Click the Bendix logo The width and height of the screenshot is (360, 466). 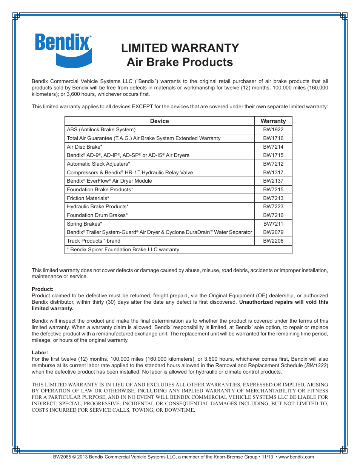(63, 50)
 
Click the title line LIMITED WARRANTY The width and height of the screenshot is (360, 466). (180, 48)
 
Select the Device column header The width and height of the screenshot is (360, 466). (159, 121)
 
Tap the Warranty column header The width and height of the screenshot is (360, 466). (273, 121)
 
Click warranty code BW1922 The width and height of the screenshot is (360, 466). (273, 129)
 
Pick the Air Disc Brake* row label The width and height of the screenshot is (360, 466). (85, 147)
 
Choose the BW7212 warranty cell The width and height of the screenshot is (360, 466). (273, 164)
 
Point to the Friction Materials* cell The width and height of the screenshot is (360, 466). (88, 198)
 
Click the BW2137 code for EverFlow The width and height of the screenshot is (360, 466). (273, 181)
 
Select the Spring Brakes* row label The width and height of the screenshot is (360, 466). (84, 224)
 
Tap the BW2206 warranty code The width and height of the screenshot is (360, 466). (273, 241)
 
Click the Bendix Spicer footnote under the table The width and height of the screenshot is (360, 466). (123, 249)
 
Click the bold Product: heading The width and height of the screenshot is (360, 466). (42, 289)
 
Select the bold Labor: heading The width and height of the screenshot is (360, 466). (40, 352)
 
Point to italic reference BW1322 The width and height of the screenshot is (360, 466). (316, 365)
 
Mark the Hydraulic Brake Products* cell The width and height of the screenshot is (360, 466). (97, 206)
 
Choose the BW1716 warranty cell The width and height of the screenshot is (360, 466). (273, 138)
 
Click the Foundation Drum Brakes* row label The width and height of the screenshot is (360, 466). (97, 215)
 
